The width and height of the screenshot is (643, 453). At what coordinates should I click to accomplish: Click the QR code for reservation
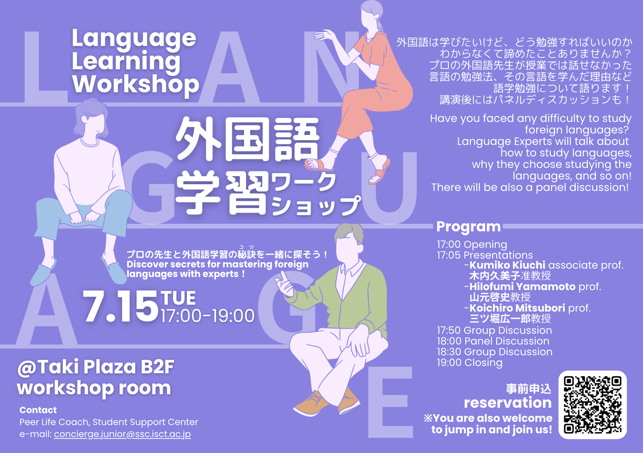(x=592, y=405)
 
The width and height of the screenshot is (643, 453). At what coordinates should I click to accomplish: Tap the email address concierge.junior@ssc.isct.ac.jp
(x=122, y=434)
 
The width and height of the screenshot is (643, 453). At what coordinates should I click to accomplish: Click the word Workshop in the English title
(x=136, y=84)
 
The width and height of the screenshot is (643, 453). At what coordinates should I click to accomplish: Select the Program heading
(x=469, y=227)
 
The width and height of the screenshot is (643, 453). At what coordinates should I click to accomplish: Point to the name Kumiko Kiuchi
(x=507, y=265)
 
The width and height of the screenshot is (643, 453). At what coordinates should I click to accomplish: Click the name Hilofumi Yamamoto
(x=522, y=287)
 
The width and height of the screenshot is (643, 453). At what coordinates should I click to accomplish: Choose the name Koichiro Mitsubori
(x=517, y=308)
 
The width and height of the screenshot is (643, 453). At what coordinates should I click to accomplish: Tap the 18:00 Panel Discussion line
(x=493, y=341)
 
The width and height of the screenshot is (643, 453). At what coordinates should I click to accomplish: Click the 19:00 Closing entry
(x=470, y=363)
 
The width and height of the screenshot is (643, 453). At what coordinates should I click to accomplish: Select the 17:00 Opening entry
(x=472, y=244)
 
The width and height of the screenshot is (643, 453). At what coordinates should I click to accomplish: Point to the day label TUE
(x=178, y=298)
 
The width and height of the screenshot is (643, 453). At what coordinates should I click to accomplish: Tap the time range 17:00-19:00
(x=208, y=316)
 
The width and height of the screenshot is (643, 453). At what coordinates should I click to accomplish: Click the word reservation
(x=508, y=403)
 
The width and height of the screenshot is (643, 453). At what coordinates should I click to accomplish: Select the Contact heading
(x=38, y=410)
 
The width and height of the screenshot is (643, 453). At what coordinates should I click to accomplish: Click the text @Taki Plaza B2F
(x=96, y=367)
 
